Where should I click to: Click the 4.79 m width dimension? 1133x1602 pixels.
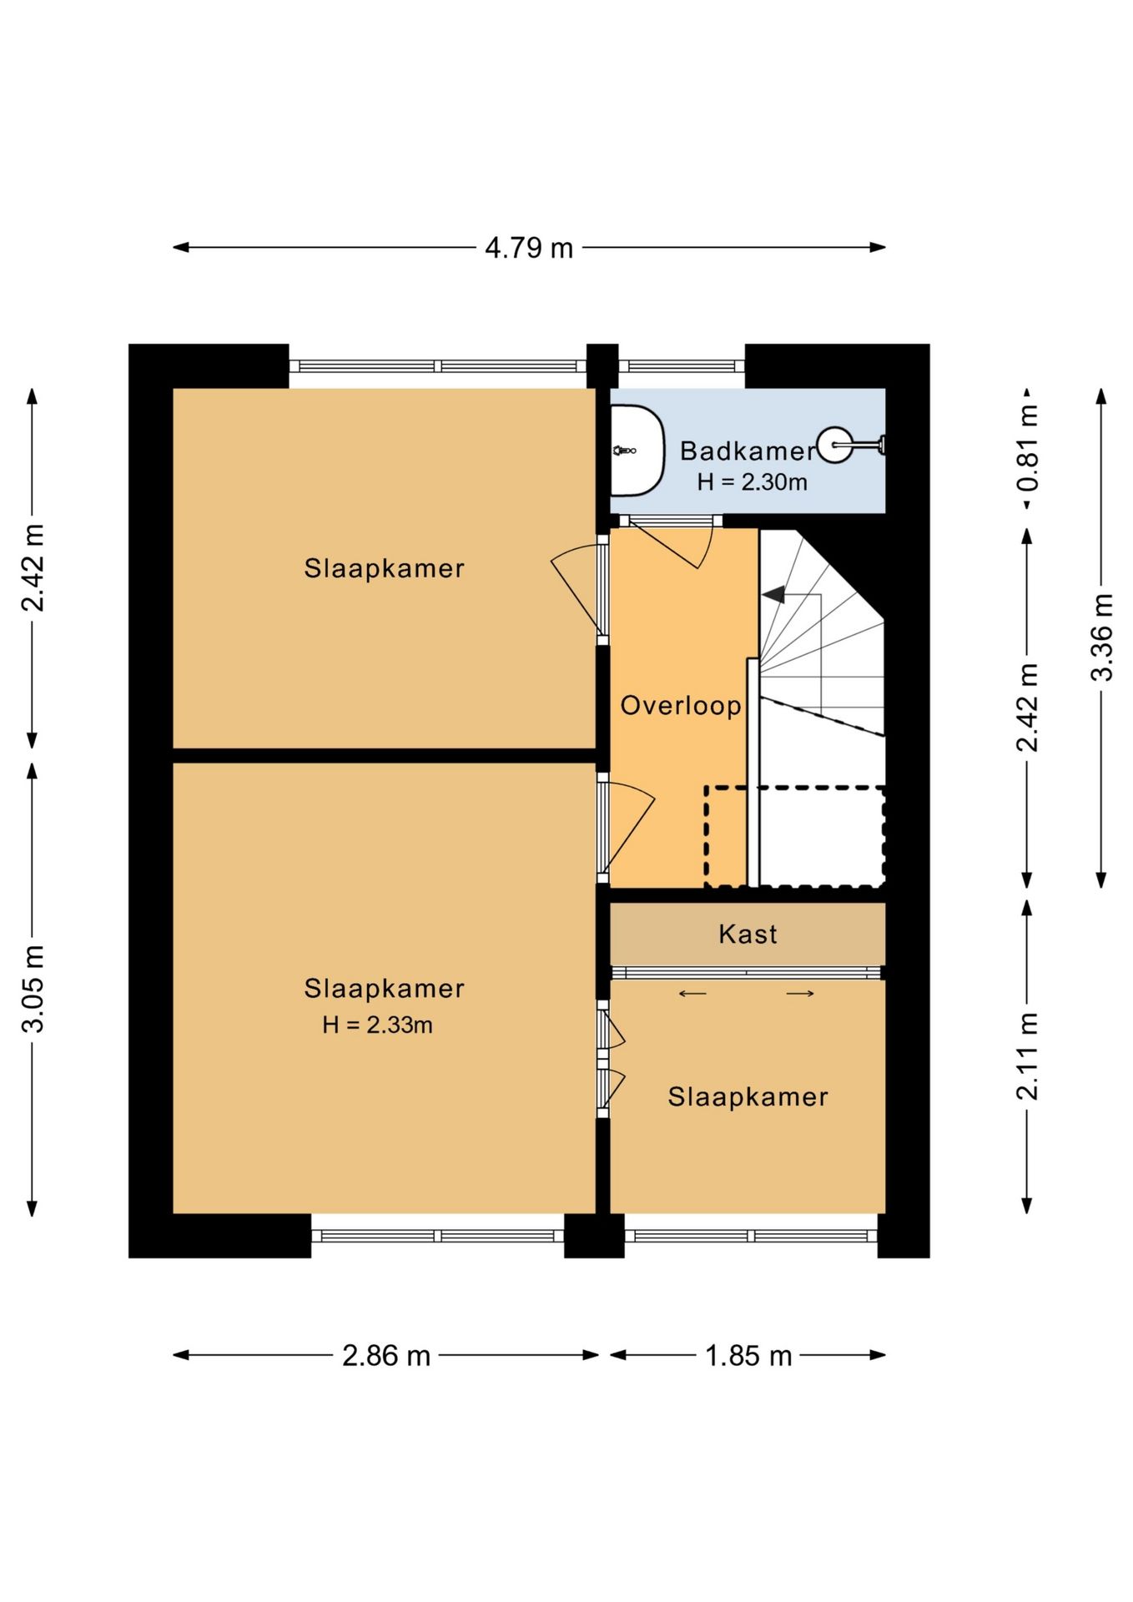[529, 248]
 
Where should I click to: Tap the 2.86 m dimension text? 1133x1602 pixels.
[386, 1356]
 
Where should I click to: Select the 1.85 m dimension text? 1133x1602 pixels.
[748, 1356]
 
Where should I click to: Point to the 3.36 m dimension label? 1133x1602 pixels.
[1102, 637]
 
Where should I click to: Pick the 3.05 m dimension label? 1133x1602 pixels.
[33, 989]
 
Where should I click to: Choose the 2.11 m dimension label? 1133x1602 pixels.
[1028, 1056]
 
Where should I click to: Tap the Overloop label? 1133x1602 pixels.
[681, 705]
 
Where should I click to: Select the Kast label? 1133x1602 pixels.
[748, 934]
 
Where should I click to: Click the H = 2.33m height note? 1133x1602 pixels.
[378, 1025]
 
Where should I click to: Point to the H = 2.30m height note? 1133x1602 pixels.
[753, 481]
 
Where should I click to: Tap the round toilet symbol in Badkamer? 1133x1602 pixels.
[835, 445]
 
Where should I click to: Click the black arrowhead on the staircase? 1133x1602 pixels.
[773, 594]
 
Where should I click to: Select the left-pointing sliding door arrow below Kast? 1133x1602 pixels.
[692, 993]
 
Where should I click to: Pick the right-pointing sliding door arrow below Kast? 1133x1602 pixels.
[800, 993]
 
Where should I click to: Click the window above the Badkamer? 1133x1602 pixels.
[681, 365]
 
